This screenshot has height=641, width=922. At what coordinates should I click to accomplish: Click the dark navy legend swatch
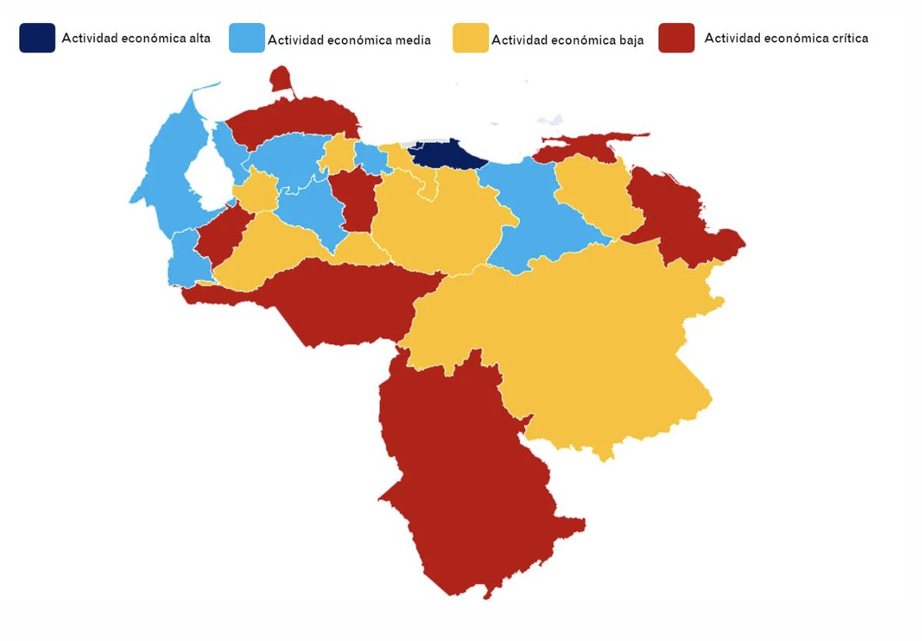point(37,38)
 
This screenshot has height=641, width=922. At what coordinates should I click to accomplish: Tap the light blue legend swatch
point(247,38)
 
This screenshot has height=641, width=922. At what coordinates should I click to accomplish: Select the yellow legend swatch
point(470,38)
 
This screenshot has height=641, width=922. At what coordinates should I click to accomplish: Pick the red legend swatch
point(676,38)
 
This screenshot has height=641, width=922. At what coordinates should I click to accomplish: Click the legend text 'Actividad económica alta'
point(136,38)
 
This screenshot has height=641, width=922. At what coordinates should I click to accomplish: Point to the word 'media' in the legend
point(411,40)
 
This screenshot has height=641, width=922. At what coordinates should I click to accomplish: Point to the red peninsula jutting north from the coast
point(281,78)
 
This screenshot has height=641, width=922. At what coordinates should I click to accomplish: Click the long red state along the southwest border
point(338,300)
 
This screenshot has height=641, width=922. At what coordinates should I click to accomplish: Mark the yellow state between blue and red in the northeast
point(592,192)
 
